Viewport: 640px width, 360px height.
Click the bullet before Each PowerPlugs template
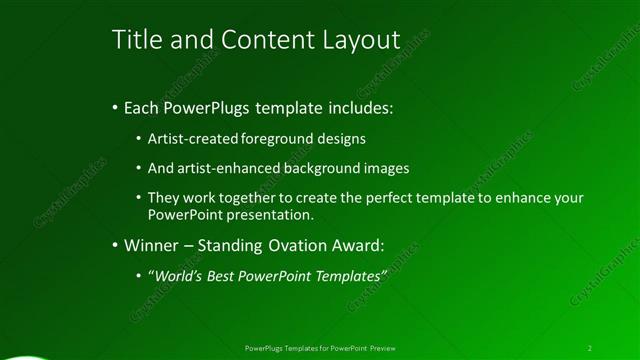pyautogui.click(x=115, y=106)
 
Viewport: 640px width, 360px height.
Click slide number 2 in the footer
pyautogui.click(x=590, y=348)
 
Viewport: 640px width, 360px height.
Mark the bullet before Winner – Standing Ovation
pyautogui.click(x=115, y=243)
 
